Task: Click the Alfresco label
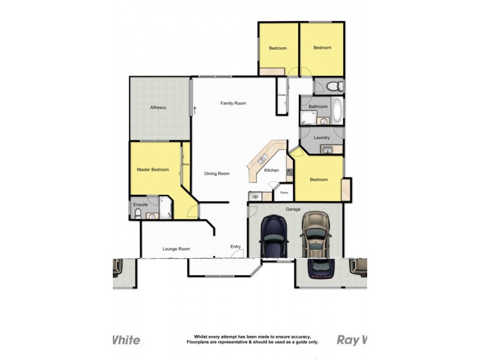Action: (x=158, y=107)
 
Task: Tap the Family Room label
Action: (x=233, y=103)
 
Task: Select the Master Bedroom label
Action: (x=152, y=170)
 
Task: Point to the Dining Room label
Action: (x=217, y=173)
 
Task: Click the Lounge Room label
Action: (x=176, y=248)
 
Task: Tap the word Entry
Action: (x=236, y=247)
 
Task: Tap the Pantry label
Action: (x=284, y=193)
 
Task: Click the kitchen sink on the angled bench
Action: (x=262, y=159)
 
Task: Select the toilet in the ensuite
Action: (x=138, y=212)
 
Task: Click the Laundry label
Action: (x=322, y=137)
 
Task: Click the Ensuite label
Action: (x=140, y=205)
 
